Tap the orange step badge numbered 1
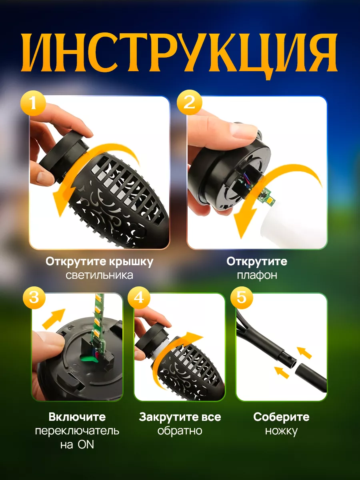pos(33,103)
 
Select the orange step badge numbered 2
pos(190,103)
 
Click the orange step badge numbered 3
pos(34,298)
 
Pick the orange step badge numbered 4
pos(139,298)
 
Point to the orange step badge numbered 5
pos(242,298)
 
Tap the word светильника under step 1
pos(100,275)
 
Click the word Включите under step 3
pos(77,417)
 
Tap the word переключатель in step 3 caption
pos(77,431)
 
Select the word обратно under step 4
pos(180,431)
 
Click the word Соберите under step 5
pos(281,417)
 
